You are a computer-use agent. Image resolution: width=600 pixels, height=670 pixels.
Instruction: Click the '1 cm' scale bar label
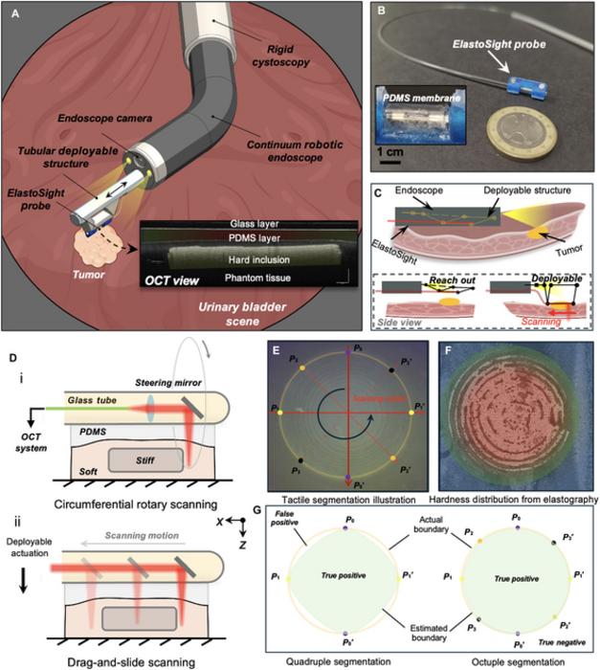click(389, 151)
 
